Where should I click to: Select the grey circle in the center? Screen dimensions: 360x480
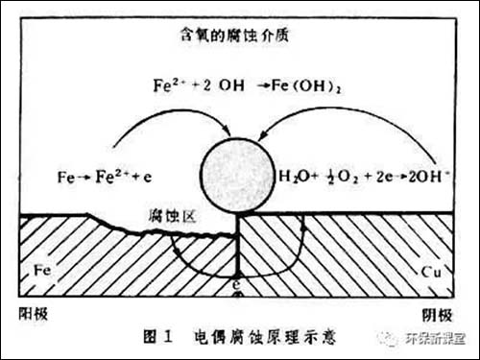click(237, 177)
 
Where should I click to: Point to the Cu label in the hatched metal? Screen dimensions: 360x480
click(430, 272)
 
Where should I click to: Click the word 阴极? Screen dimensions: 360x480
click(438, 314)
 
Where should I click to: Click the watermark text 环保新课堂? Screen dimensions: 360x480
click(433, 339)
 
